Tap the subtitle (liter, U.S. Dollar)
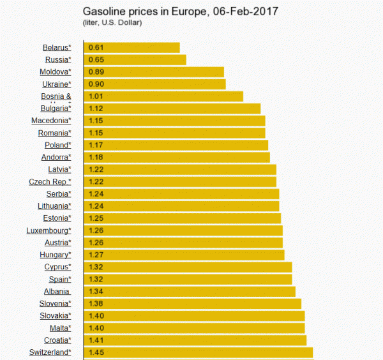(112, 23)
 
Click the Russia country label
(57, 60)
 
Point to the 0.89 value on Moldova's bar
(96, 72)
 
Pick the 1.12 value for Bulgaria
(96, 109)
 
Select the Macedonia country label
(51, 121)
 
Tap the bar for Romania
(175, 133)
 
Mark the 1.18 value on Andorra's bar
(96, 157)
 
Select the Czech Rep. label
(50, 182)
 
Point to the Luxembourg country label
(49, 230)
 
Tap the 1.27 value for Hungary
(96, 255)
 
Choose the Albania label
(57, 291)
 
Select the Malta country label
(59, 327)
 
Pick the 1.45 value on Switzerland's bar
(96, 352)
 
